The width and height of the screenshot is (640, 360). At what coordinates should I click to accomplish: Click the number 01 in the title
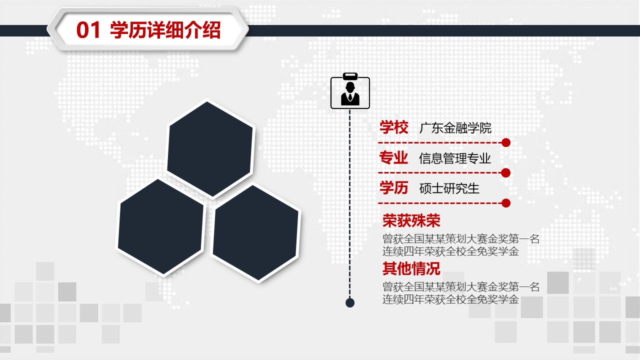[x=88, y=30]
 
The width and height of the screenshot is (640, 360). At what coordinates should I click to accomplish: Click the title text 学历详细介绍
[x=165, y=30]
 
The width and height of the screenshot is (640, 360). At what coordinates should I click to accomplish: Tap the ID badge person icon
[x=350, y=91]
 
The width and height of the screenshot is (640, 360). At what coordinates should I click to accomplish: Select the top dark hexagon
[x=210, y=149]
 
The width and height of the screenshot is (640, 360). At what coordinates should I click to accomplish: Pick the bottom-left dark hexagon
[x=160, y=227]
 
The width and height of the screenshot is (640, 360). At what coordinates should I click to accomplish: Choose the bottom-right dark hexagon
[x=255, y=233]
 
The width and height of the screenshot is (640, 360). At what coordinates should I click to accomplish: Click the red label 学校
[x=393, y=127]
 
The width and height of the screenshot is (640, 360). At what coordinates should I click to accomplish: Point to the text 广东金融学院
[x=455, y=128]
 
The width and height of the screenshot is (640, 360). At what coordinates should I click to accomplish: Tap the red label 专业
[x=393, y=157]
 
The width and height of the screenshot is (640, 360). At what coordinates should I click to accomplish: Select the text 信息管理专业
[x=455, y=158]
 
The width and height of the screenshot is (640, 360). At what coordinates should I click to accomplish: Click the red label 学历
[x=393, y=187]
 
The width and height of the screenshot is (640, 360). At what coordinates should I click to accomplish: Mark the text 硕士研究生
[x=449, y=188]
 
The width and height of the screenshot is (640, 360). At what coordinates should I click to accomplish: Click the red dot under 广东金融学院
[x=506, y=142]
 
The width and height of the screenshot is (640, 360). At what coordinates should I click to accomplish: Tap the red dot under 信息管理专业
[x=506, y=173]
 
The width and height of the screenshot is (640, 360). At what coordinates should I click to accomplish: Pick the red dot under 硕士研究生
[x=506, y=203]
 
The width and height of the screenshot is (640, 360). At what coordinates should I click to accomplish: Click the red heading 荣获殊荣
[x=411, y=220]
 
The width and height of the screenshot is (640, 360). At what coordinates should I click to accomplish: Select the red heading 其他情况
[x=411, y=268]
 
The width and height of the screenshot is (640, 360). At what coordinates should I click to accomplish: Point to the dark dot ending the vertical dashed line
[x=350, y=302]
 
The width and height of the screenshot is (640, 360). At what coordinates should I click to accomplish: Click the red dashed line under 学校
[x=440, y=142]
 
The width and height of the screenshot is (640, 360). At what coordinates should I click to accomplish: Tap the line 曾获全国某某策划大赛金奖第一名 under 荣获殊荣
[x=461, y=239]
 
